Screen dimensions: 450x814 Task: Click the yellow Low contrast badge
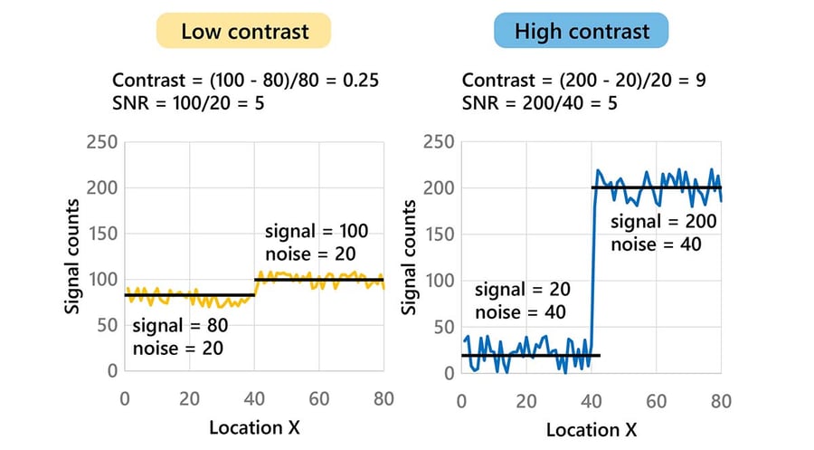click(x=244, y=31)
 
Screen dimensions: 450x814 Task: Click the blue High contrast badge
click(x=581, y=31)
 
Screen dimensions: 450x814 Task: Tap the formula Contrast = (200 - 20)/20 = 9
click(x=583, y=80)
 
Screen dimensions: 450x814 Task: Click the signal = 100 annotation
click(x=317, y=231)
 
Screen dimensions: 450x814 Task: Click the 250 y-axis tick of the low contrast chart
click(x=101, y=143)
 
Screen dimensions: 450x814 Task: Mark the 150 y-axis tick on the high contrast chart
click(x=439, y=234)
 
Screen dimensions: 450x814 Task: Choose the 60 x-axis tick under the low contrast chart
click(x=320, y=398)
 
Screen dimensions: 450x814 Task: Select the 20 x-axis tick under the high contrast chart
click(x=526, y=398)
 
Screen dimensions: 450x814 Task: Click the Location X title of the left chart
click(x=255, y=426)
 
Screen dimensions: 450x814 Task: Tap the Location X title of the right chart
click(x=592, y=426)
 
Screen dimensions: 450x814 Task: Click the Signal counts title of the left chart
click(x=73, y=255)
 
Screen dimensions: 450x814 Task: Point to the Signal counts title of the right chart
click(x=410, y=255)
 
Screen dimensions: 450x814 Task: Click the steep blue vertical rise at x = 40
click(x=592, y=272)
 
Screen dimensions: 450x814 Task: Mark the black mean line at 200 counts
click(x=658, y=188)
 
